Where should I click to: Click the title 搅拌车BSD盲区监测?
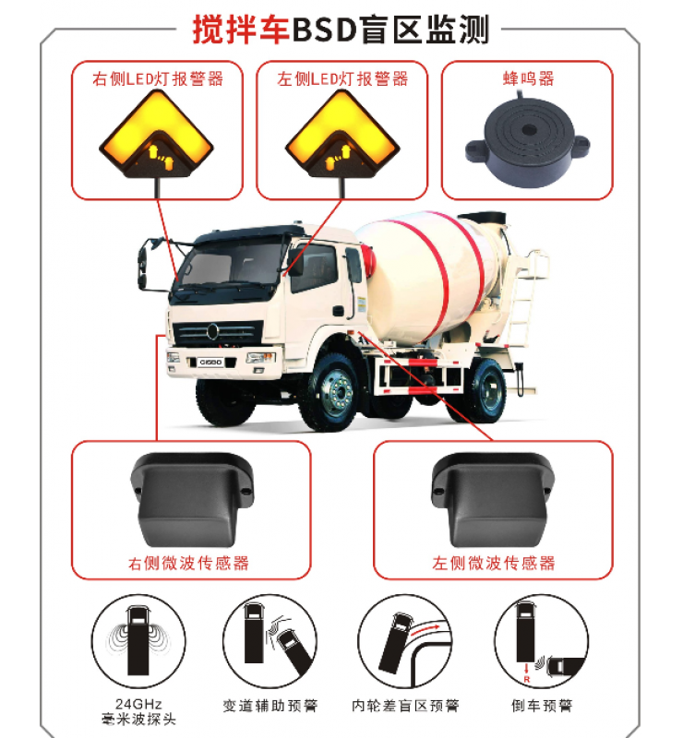pos(341,30)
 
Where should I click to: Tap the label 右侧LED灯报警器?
pos(158,78)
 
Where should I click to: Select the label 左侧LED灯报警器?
pos(342,78)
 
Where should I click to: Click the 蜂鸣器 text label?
pos(528,78)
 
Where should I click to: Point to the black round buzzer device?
pos(527,141)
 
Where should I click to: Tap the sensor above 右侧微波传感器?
pos(192,500)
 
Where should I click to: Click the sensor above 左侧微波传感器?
pos(493,500)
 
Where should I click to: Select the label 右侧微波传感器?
pos(188,563)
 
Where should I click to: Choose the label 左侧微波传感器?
pos(494,563)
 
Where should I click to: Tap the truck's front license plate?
pos(211,362)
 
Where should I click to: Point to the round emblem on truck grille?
pos(212,331)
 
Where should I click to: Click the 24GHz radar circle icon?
pos(138,641)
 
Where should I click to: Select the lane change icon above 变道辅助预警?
pos(270,641)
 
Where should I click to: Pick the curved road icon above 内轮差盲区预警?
pos(405,641)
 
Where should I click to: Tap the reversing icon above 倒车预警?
pos(542,641)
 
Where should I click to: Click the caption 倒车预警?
pos(542,706)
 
